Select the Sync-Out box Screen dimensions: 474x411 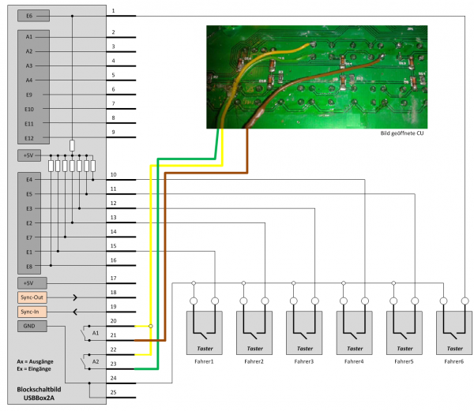(x=32, y=297)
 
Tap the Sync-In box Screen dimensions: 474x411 (x=32, y=312)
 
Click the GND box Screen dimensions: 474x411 (x=32, y=327)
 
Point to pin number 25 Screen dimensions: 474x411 (x=113, y=392)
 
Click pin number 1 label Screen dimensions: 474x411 (x=113, y=11)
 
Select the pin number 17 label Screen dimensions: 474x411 (x=113, y=278)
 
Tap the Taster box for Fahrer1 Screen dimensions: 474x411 (x=205, y=333)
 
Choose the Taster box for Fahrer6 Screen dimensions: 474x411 (x=454, y=333)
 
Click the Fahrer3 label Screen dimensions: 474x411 (x=304, y=361)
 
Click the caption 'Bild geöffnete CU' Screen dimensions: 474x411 (x=402, y=133)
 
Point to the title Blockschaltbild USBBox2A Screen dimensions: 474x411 (x=39, y=394)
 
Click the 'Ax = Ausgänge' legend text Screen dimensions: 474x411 (x=35, y=361)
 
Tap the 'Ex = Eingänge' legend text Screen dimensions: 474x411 (x=34, y=368)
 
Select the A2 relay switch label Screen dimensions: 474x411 (x=96, y=361)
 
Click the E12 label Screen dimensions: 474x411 (x=29, y=138)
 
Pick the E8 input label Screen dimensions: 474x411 (x=29, y=267)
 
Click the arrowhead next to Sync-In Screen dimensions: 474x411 (x=75, y=312)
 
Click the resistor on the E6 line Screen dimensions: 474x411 (x=72, y=145)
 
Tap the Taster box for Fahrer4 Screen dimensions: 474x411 (x=354, y=333)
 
